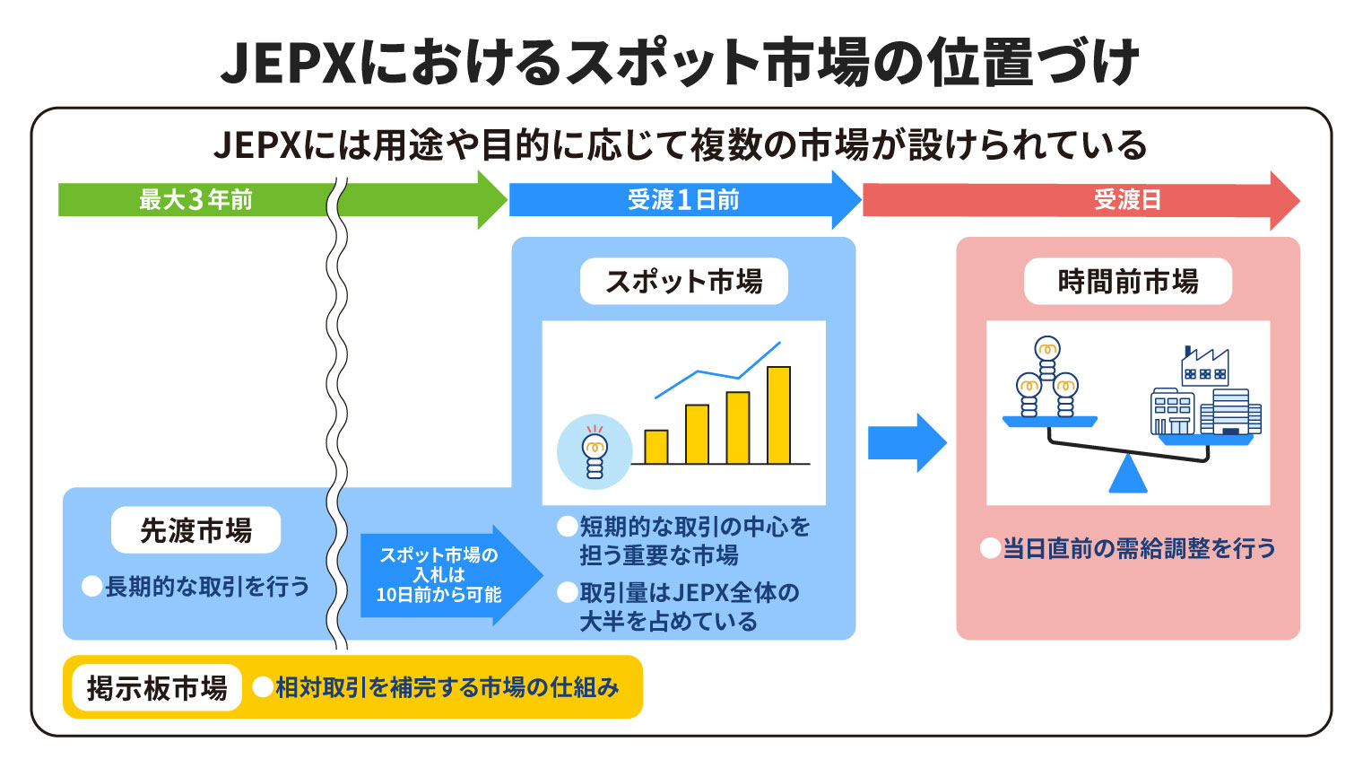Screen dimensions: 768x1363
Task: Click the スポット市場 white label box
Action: pos(683,282)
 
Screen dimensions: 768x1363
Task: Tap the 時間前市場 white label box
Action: pos(1127,282)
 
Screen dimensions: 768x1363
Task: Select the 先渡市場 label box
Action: pos(195,531)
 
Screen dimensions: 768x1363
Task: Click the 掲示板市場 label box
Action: pos(157,688)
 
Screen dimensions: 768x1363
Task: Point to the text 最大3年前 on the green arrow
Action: pos(195,199)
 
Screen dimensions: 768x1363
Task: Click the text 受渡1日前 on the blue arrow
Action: pos(683,199)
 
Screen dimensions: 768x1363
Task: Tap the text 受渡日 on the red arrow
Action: pos(1127,199)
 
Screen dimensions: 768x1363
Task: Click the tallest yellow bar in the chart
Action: pos(778,415)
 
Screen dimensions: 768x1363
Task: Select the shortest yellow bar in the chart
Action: pos(655,447)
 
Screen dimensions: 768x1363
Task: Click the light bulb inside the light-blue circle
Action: pos(594,452)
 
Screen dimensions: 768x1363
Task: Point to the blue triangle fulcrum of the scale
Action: pos(1127,475)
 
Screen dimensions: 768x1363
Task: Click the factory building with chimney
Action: pos(1204,367)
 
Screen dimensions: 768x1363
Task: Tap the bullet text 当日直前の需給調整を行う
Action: pos(1139,548)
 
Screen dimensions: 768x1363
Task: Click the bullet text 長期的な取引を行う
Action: pos(207,587)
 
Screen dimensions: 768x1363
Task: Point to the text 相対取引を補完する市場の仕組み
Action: pos(447,687)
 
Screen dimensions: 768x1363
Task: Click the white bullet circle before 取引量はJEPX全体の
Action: pos(567,592)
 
